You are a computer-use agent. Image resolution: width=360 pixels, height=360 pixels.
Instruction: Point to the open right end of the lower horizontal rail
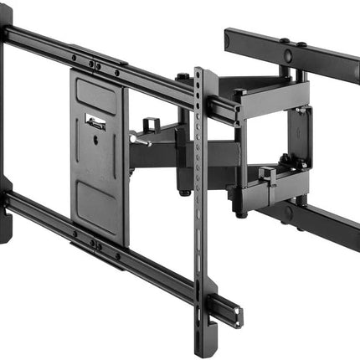237,316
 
